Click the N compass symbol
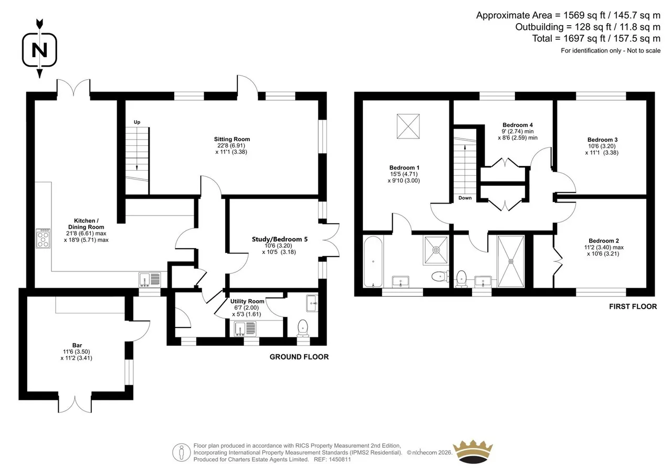39,50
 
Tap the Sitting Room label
232,139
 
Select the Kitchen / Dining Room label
86,224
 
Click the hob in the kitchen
43,239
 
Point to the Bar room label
77,345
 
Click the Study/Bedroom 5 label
280,239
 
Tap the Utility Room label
247,301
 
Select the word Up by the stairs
137,122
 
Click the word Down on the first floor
465,198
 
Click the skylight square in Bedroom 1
408,126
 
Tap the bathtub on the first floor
373,261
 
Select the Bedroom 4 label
518,125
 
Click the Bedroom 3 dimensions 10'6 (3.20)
602,146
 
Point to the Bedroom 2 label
604,240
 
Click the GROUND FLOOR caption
299,357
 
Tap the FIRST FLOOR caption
633,307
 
